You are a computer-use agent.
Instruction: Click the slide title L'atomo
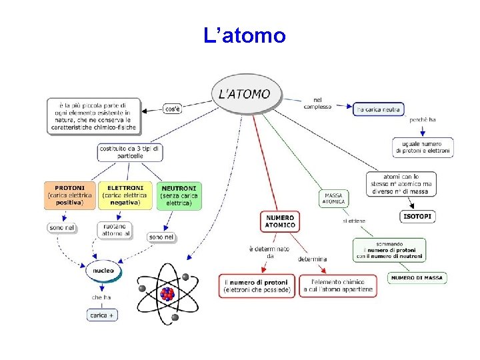245,35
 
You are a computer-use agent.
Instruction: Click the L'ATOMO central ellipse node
245,94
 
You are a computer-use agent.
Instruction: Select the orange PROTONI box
70,195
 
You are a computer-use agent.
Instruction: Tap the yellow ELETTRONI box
125,195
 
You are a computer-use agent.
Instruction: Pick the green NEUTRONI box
179,196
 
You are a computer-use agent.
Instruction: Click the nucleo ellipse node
104,271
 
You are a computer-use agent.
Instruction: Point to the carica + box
102,315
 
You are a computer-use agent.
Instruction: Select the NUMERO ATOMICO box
280,221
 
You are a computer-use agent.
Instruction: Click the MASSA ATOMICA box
333,198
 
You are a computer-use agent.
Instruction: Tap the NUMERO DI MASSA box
418,278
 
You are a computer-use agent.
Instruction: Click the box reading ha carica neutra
378,109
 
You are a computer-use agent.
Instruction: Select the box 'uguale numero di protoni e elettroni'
423,147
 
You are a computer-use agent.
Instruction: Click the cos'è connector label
172,109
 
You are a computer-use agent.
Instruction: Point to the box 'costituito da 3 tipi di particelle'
130,152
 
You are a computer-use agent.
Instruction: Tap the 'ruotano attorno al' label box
115,231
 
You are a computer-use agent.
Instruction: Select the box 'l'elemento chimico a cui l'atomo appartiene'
338,286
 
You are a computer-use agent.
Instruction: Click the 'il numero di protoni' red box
257,286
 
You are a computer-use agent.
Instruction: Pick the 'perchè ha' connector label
423,120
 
